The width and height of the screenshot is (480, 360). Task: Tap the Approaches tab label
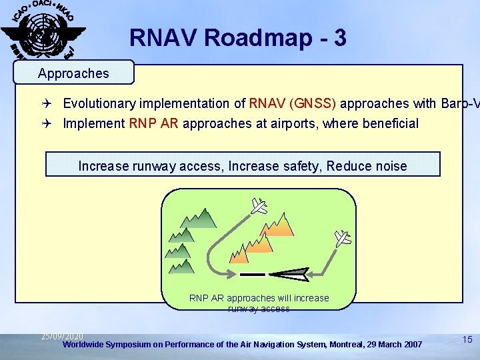(x=73, y=73)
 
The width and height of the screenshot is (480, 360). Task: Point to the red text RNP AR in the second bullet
(x=155, y=123)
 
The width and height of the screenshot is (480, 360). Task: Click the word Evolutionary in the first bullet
(x=99, y=103)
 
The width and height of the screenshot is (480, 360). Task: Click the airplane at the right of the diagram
(x=343, y=238)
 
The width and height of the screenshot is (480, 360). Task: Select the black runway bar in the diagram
(x=253, y=274)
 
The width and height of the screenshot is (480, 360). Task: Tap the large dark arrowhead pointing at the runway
(x=289, y=273)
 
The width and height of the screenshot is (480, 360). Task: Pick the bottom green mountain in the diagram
(x=181, y=266)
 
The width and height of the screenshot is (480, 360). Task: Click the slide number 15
(x=467, y=340)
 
